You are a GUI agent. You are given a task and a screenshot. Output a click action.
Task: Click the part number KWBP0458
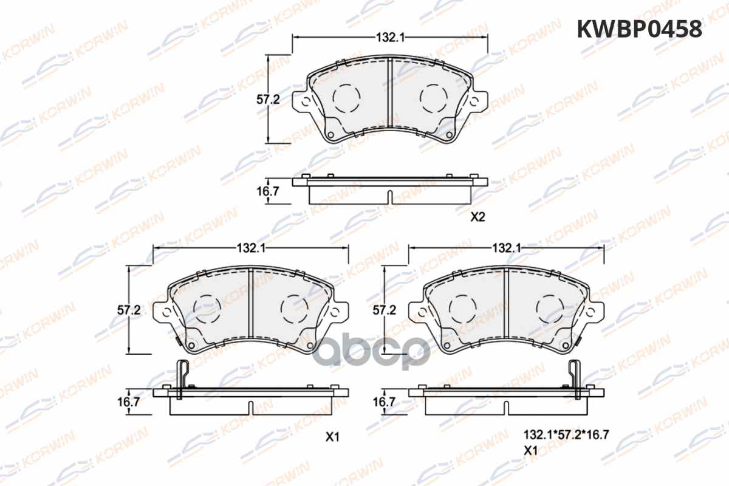coord(640,29)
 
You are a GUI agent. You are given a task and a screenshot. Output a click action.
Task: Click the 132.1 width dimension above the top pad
coord(390,38)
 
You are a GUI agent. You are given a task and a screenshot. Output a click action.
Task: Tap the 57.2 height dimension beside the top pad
coord(268,99)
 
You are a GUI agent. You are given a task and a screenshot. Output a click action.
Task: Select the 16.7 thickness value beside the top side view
coord(268,191)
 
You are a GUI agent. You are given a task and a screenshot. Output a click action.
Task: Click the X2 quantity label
coord(477,217)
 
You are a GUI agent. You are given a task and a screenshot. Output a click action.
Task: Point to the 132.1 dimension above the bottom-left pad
coord(251,248)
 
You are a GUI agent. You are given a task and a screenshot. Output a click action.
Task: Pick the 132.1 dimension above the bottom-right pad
coord(507,248)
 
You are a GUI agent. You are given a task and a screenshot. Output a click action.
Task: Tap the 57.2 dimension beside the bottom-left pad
coord(129,310)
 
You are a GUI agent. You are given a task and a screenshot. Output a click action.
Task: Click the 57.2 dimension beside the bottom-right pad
coord(385,310)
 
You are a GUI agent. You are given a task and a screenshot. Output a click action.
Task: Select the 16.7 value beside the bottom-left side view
coord(129,402)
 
